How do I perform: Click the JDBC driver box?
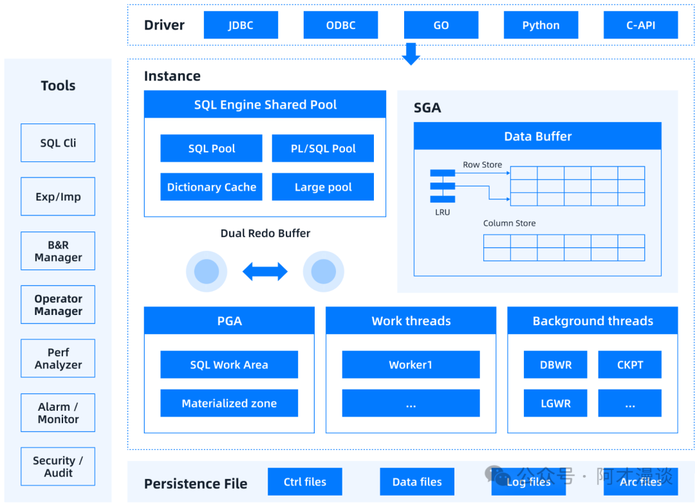tap(241, 26)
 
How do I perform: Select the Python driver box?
tap(541, 26)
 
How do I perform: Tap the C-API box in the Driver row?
tap(640, 26)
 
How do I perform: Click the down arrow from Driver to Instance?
tap(411, 54)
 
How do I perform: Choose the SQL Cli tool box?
tap(58, 143)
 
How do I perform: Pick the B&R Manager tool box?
tap(58, 251)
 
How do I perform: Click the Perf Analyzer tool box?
tap(58, 359)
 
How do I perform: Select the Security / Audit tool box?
tap(58, 467)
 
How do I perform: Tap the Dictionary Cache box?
tap(211, 187)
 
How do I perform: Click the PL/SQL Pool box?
tap(323, 148)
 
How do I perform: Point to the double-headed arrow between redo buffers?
tap(265, 272)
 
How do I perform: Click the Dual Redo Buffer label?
tap(265, 233)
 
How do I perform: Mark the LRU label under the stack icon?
tap(442, 212)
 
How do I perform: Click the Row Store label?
tap(482, 165)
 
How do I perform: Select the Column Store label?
tap(509, 223)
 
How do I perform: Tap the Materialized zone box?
tap(229, 404)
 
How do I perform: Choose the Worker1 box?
tap(411, 364)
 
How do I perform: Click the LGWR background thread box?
tap(555, 404)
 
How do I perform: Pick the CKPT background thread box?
tap(630, 364)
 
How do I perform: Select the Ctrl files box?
tap(304, 482)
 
